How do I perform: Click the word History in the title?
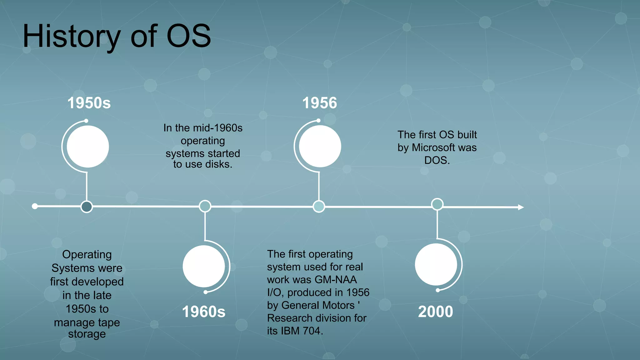72,37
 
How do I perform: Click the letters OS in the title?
189,36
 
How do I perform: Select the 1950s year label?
89,103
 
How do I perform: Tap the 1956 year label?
319,103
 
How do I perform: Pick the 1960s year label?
203,312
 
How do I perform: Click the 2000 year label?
435,312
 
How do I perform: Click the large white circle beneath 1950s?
88,147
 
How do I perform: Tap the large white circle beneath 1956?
320,146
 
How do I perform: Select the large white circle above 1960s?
204,266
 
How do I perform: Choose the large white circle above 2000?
436,264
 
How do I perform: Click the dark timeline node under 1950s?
87,207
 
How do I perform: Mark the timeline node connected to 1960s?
205,206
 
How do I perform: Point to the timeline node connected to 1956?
319,206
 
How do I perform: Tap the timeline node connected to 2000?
437,204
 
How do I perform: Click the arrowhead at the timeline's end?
520,207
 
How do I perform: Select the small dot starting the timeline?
35,206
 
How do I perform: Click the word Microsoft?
433,147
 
